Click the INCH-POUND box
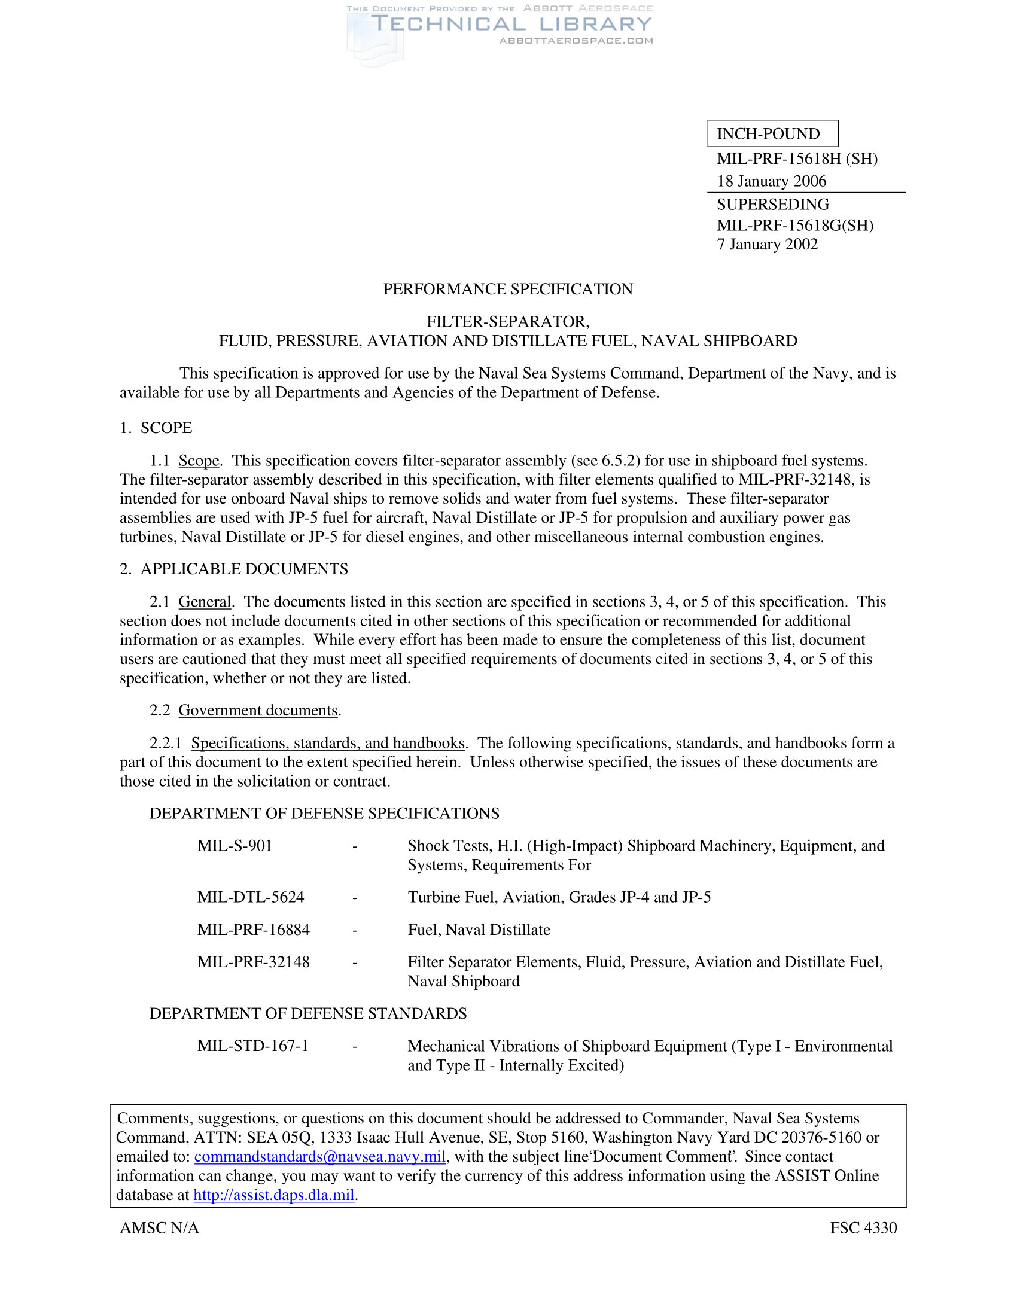[772, 133]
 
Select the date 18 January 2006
[771, 181]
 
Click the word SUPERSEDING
[772, 204]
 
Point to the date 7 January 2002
[767, 244]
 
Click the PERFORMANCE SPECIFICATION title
[508, 290]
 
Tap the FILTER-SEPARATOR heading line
[508, 322]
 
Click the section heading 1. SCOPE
[156, 428]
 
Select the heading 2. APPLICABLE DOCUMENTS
[234, 569]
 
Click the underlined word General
[205, 601]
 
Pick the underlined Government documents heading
[258, 710]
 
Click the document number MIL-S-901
[235, 845]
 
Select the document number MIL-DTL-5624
[251, 897]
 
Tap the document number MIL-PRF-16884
[253, 929]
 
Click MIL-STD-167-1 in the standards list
[252, 1046]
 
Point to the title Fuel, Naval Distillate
[479, 929]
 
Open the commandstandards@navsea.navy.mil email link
[320, 1156]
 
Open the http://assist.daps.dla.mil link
[273, 1195]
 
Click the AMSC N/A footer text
[159, 1227]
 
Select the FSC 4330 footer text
[863, 1227]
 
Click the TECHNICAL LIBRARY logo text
[511, 24]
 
